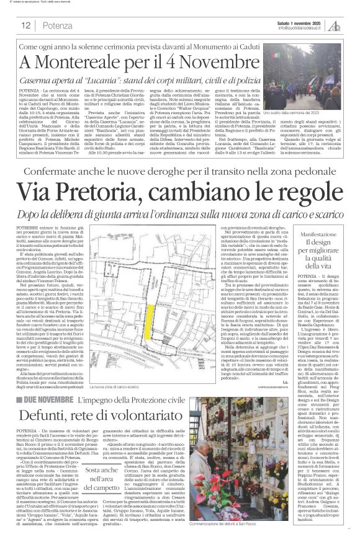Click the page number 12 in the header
27,25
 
